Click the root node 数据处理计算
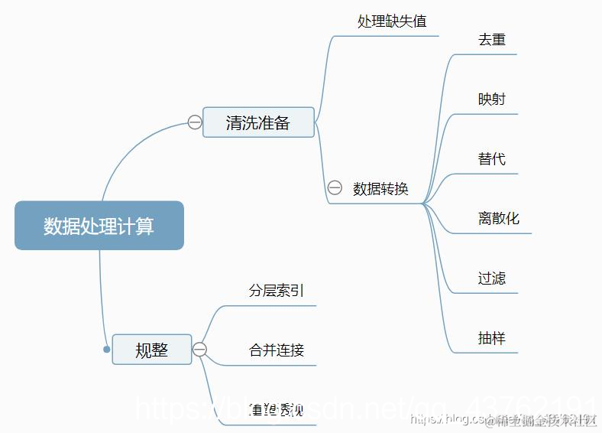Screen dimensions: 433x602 tap(99, 226)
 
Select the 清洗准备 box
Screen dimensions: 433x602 tap(258, 122)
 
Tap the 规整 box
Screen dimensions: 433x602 tap(151, 350)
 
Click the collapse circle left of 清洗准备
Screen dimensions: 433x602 tap(195, 122)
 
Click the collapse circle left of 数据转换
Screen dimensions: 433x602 tap(335, 188)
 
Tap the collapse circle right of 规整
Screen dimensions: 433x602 tap(200, 350)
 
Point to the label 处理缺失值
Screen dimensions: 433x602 tap(392, 21)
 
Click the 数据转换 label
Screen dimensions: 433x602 tap(380, 189)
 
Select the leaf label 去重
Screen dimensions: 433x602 tap(492, 40)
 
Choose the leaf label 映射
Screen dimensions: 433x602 tap(492, 99)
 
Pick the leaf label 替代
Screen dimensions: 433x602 tap(492, 159)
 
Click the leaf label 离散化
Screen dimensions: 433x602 tap(499, 219)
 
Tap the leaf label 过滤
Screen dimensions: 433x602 tap(492, 278)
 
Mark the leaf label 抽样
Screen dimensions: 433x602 tap(492, 338)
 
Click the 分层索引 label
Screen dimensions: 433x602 tap(277, 291)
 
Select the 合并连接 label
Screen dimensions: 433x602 tap(277, 350)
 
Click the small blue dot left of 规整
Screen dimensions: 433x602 tap(107, 350)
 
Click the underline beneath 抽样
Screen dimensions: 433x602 tap(489, 353)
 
